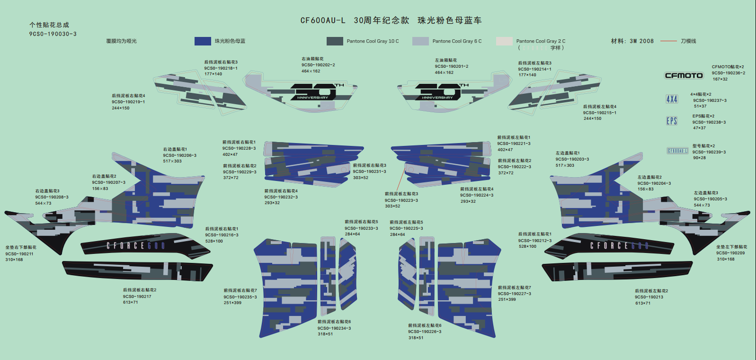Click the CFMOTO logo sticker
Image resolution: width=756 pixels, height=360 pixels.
pyautogui.click(x=684, y=75)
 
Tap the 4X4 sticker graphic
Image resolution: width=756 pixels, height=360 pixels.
pyautogui.click(x=672, y=99)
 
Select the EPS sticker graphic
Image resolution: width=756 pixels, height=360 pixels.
pyautogui.click(x=672, y=121)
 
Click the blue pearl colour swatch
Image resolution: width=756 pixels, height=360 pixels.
pyautogui.click(x=203, y=41)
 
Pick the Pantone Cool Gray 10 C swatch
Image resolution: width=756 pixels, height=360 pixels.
pyautogui.click(x=335, y=41)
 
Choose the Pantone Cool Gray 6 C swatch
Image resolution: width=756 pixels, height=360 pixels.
pyautogui.click(x=420, y=41)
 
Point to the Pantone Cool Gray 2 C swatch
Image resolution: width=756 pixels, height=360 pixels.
pyautogui.click(x=504, y=41)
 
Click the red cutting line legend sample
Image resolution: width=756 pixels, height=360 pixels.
pyautogui.click(x=668, y=41)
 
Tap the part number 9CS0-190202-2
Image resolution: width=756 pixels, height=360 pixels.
pyautogui.click(x=318, y=65)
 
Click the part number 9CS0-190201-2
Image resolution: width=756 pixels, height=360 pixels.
pyautogui.click(x=452, y=66)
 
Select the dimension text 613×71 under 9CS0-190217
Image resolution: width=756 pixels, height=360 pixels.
pyautogui.click(x=130, y=302)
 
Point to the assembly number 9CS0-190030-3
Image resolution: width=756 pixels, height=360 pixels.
pyautogui.click(x=53, y=34)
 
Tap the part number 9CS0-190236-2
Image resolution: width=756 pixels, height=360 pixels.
pyautogui.click(x=728, y=73)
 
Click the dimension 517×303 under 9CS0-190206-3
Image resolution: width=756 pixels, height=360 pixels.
pyautogui.click(x=172, y=161)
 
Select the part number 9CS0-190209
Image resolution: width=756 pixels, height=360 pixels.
pyautogui.click(x=730, y=253)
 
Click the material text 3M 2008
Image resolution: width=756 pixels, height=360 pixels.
pyautogui.click(x=641, y=41)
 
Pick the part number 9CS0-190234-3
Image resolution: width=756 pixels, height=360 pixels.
pyautogui.click(x=334, y=328)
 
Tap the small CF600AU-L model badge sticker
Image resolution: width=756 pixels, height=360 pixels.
pyautogui.click(x=677, y=151)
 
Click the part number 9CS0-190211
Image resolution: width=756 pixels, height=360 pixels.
pyautogui.click(x=19, y=254)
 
